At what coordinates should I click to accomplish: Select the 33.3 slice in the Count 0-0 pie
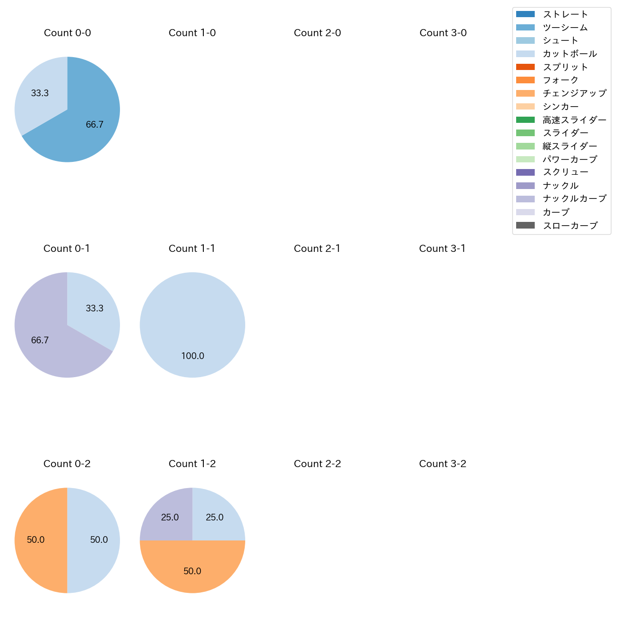(x=40, y=93)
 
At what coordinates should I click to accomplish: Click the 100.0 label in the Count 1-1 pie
(x=192, y=356)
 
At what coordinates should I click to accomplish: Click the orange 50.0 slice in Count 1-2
(x=192, y=569)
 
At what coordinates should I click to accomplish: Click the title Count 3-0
(x=443, y=33)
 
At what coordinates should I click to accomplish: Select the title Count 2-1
(x=317, y=249)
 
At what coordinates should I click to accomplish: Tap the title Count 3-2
(x=442, y=464)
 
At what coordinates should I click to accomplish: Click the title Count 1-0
(x=192, y=33)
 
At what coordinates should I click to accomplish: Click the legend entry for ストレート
(x=565, y=14)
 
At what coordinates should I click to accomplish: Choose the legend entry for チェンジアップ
(x=574, y=93)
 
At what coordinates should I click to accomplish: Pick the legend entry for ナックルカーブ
(x=574, y=199)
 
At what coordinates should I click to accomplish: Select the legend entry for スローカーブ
(x=570, y=226)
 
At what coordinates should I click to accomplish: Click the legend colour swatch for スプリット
(x=525, y=67)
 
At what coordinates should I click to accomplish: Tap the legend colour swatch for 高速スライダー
(x=525, y=120)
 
